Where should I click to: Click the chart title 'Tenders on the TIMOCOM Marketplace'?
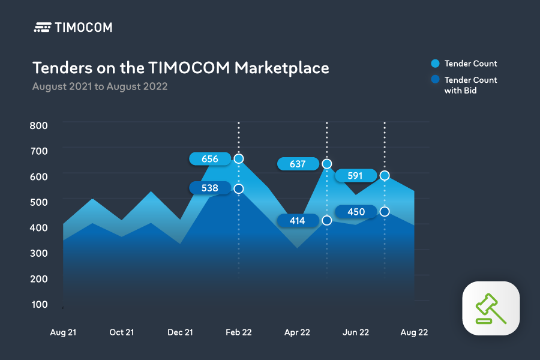tap(181, 67)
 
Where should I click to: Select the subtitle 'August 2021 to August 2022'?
tap(100, 86)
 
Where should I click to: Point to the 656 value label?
tap(209, 159)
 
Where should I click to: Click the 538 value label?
tap(209, 188)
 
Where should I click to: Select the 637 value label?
tap(298, 164)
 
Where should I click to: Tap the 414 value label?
tap(298, 221)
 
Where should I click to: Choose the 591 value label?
tap(356, 176)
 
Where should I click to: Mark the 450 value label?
tap(356, 212)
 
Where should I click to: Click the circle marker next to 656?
tap(239, 159)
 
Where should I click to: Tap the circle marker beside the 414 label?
tap(327, 221)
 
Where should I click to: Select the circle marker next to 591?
tap(385, 176)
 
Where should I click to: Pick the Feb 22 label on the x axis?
tap(238, 332)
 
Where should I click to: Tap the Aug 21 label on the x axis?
tap(64, 332)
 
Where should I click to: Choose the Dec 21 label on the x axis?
tap(180, 332)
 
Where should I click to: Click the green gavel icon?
tap(491, 308)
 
